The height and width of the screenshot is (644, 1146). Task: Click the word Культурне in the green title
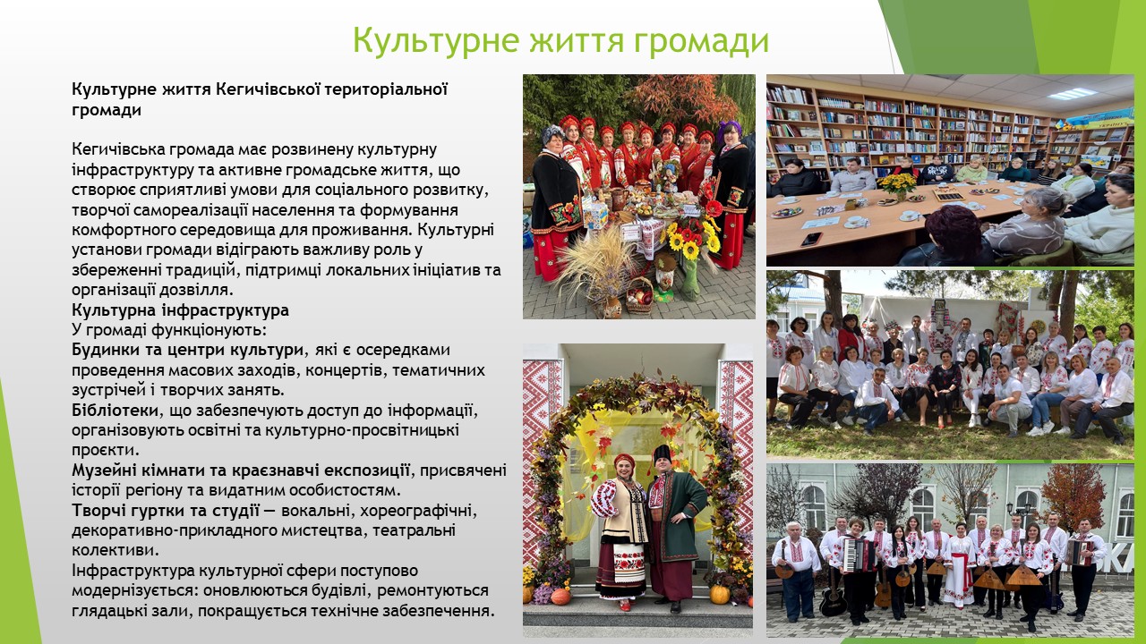[436, 40]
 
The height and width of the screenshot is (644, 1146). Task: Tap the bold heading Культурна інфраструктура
[180, 310]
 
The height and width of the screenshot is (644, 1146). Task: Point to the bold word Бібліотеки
[115, 410]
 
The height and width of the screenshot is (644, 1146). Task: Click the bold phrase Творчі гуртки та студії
[166, 510]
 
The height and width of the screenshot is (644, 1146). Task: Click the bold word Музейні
[105, 470]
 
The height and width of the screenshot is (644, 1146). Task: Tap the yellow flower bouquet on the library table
[897, 183]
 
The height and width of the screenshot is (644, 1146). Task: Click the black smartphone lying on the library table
[811, 239]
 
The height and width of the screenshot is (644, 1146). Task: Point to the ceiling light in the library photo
[1073, 94]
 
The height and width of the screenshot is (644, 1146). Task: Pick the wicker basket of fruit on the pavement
[639, 296]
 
